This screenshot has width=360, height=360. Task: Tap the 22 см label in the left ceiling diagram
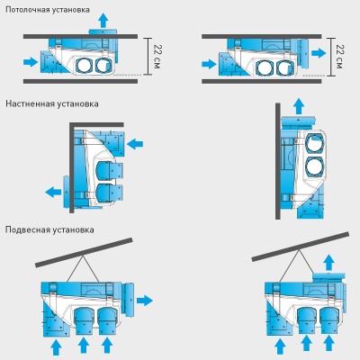(157, 57)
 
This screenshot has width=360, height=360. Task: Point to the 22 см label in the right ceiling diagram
(338, 57)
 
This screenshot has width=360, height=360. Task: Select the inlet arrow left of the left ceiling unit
(30, 62)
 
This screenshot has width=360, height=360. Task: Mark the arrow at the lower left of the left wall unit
(53, 191)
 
